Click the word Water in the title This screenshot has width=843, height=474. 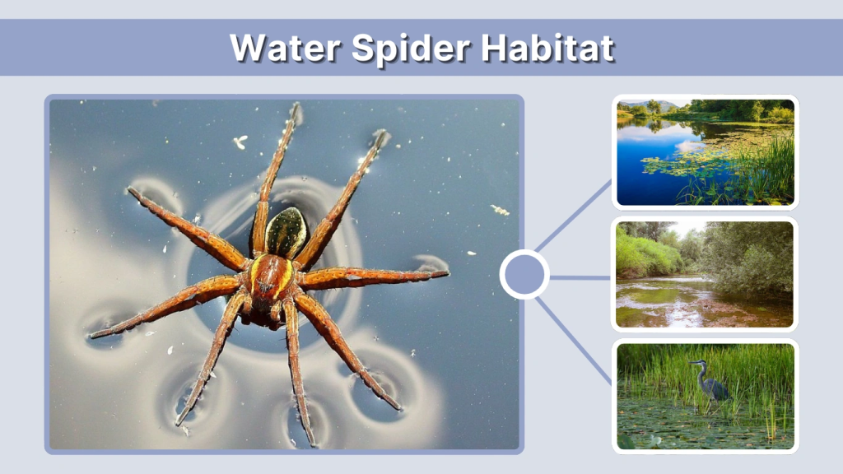coord(283,48)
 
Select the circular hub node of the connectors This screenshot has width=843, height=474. coord(524,275)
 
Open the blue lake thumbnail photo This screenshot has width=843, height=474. coord(706,152)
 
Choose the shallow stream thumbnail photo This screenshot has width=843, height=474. coord(706,274)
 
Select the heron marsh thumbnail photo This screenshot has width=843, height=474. coord(706,396)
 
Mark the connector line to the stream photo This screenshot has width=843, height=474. coord(580,277)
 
